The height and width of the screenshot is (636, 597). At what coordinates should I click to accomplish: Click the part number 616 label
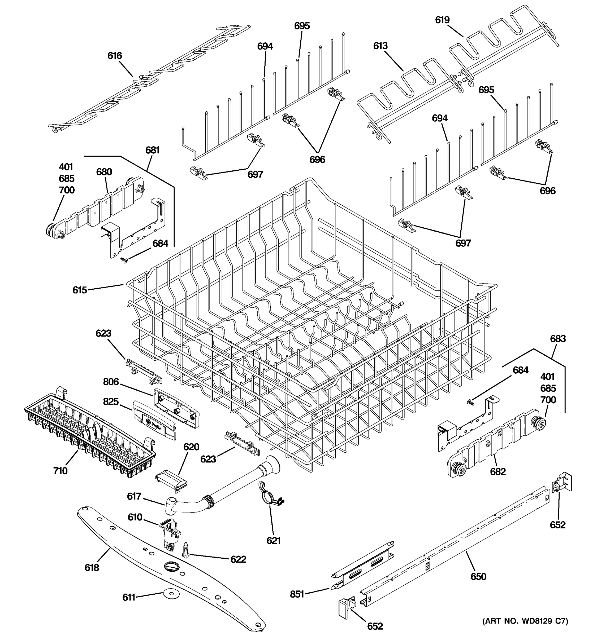coord(114,56)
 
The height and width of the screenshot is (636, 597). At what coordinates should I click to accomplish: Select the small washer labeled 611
coord(170,594)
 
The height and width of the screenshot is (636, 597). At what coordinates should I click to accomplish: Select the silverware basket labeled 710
coord(90,432)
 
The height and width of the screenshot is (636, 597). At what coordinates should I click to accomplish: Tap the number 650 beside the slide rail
coord(478,576)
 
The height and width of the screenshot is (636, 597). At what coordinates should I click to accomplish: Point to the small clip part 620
coord(171,481)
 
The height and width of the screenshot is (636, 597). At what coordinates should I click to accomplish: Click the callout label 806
coord(111,382)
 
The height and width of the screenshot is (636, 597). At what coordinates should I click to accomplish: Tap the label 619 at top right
coord(442,20)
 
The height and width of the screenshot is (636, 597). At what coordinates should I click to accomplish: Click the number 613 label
coord(380,46)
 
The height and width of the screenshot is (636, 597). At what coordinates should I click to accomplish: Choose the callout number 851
coord(297,594)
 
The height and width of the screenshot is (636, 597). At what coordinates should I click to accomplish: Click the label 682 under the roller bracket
coord(498,471)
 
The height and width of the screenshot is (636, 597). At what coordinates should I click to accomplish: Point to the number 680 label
coord(104,172)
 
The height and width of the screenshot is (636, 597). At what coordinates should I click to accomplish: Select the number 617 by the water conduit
coord(134,496)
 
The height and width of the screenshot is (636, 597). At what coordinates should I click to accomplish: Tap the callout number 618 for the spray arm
coord(92,568)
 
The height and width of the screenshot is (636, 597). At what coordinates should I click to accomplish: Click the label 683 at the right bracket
coord(558,338)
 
